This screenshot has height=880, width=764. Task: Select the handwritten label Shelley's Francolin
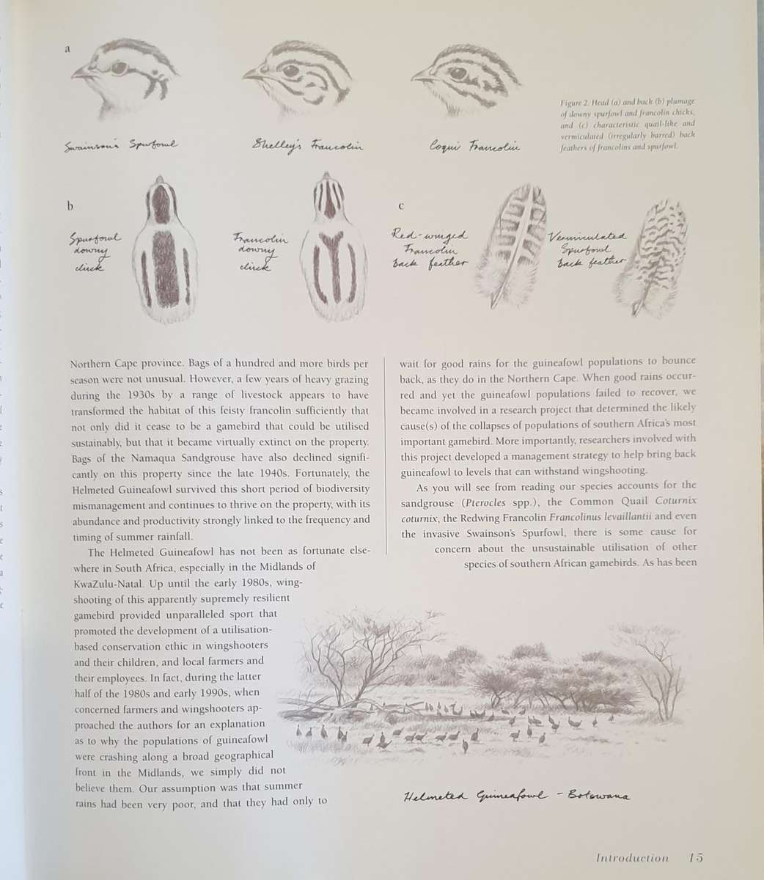[x=306, y=145]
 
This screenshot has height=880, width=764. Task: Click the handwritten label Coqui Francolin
[x=474, y=147]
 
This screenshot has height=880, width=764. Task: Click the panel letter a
[x=67, y=49]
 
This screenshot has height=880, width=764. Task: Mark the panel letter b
[x=70, y=206]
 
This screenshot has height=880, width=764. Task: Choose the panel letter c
[x=400, y=206]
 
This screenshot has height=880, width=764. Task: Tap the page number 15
[x=696, y=857]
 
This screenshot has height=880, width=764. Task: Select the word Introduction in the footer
[x=632, y=857]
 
